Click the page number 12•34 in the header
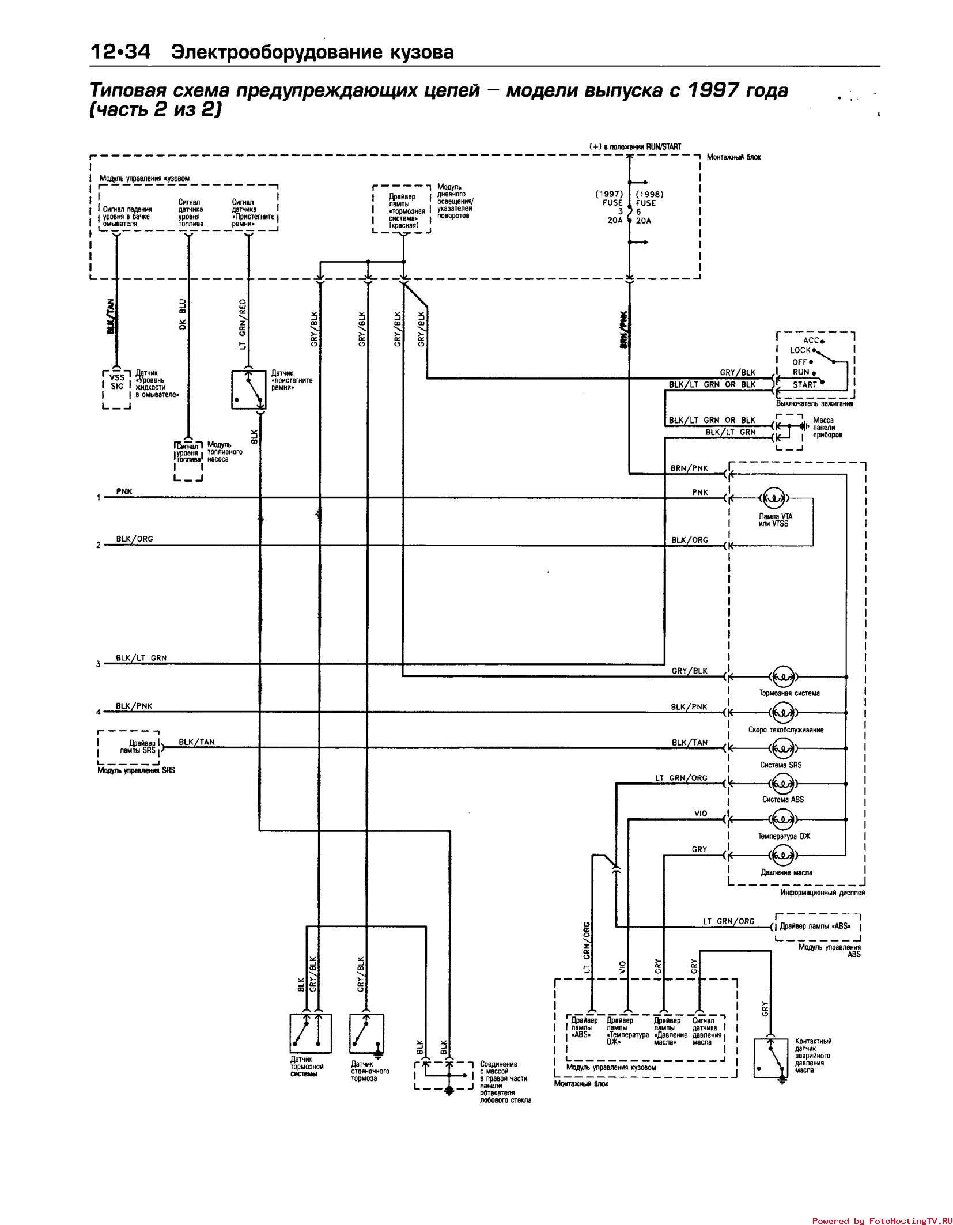click(119, 52)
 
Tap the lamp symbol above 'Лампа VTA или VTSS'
click(774, 498)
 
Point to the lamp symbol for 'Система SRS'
click(782, 748)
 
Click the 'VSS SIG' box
click(117, 383)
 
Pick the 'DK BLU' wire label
click(182, 315)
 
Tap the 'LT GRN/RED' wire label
click(243, 324)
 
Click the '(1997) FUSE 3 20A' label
click(610, 207)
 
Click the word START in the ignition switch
click(804, 384)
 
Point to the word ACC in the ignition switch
click(811, 341)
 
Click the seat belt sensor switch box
click(248, 390)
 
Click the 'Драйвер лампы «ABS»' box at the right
click(818, 927)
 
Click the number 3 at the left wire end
click(98, 664)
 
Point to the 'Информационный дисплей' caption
click(822, 893)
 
